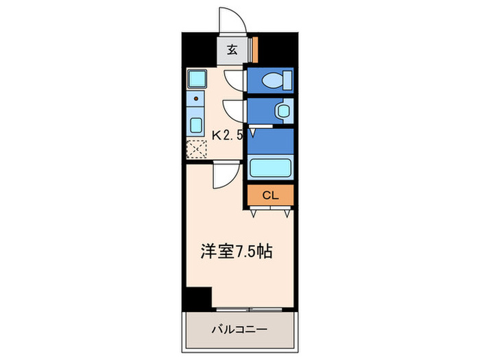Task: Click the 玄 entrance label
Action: click(232, 49)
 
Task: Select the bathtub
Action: click(270, 168)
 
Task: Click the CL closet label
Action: click(269, 195)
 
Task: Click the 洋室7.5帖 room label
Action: click(237, 252)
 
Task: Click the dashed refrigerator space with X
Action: click(196, 147)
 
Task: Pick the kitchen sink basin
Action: click(196, 125)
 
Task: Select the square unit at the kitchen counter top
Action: click(196, 78)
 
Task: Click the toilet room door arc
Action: click(235, 80)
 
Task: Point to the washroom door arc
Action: click(233, 110)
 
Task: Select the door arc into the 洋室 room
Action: click(224, 177)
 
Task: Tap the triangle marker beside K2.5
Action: click(252, 135)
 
